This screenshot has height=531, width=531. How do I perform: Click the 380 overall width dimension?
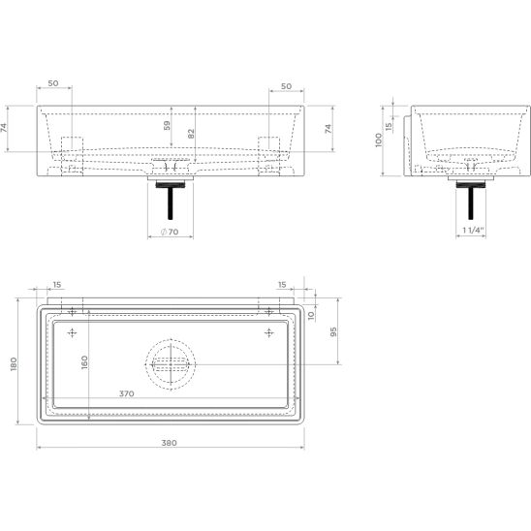[169, 443]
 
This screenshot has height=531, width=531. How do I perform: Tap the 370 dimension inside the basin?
[127, 393]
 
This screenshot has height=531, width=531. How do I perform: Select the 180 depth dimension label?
[14, 363]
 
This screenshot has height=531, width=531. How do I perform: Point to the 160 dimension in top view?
[84, 362]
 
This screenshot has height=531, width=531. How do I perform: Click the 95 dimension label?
[333, 331]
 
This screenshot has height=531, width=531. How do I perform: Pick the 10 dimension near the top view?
[311, 316]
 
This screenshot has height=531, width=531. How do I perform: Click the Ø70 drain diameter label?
[170, 232]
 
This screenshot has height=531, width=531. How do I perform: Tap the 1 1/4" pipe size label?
[473, 231]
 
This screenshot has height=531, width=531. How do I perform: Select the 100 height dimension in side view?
[378, 140]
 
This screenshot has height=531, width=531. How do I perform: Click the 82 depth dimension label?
[191, 134]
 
